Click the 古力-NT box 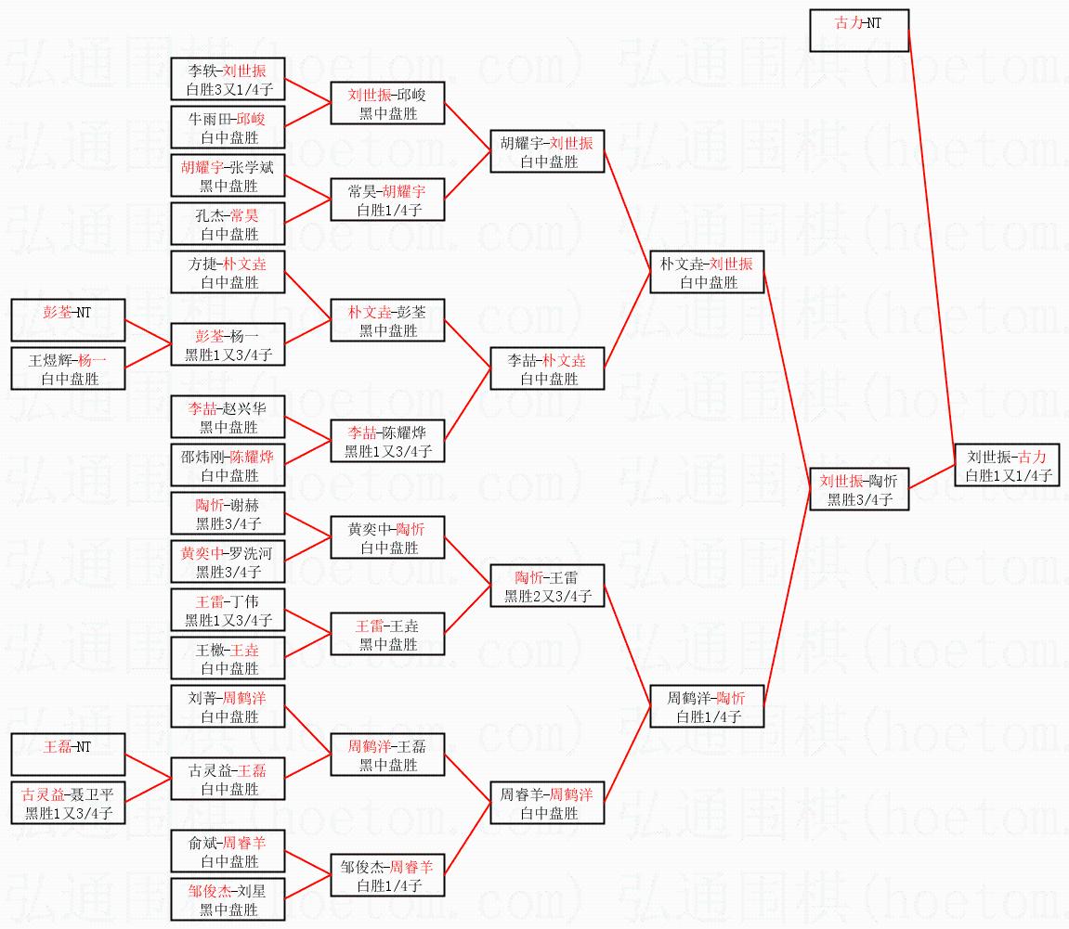coord(858,31)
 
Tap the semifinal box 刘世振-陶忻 coord(857,489)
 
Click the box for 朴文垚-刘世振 coord(707,272)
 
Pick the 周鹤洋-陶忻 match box coord(707,706)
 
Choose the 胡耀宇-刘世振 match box coord(547,151)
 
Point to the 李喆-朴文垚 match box coord(547,368)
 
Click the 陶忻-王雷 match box coord(547,586)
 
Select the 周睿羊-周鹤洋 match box coord(547,803)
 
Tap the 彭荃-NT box coord(68,320)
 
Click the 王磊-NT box coord(68,755)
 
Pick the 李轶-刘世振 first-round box coord(228,79)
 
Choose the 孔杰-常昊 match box coord(228,224)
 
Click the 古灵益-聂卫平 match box coord(68,803)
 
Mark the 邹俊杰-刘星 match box coord(228,899)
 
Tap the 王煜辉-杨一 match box coord(68,368)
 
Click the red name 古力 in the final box coord(1032,457)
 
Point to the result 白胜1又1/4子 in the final coord(1008,475)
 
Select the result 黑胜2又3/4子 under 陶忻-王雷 coord(548,596)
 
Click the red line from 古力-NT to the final coord(932,241)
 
